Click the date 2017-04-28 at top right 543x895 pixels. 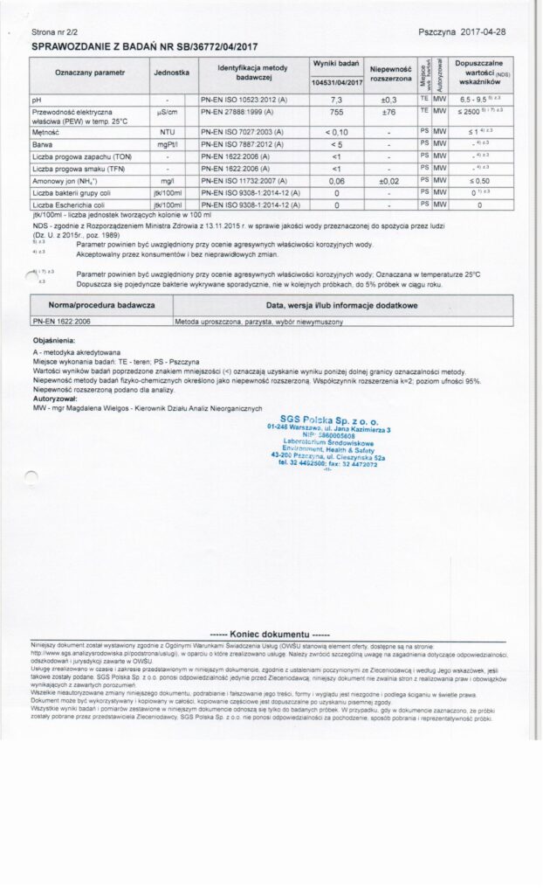point(485,31)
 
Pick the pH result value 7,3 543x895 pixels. point(336,100)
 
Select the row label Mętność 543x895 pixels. point(45,131)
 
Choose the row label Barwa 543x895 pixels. point(41,143)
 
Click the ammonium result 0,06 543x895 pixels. point(336,180)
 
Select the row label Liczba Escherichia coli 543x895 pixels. point(69,205)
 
